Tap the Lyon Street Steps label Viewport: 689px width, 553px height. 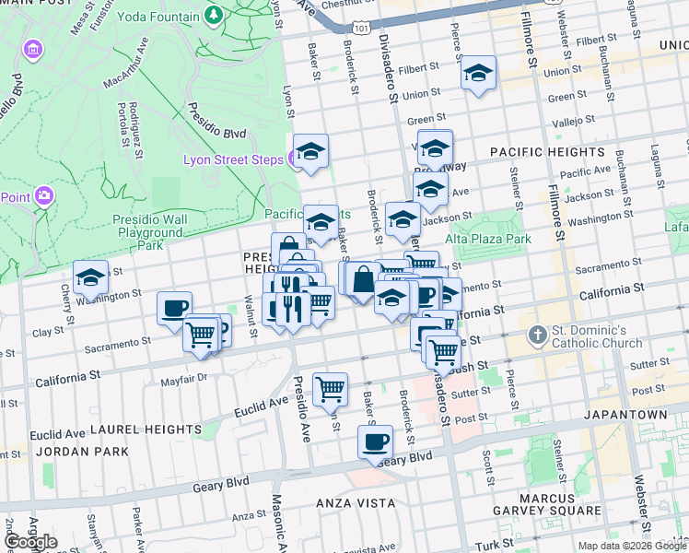(233, 159)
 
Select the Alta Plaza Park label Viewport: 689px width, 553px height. (488, 239)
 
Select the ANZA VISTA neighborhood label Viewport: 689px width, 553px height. (343, 503)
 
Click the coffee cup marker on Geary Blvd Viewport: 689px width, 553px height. (375, 441)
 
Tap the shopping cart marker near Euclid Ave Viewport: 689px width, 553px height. (330, 388)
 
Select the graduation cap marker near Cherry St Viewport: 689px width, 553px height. (90, 276)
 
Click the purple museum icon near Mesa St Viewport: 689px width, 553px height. (33, 48)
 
